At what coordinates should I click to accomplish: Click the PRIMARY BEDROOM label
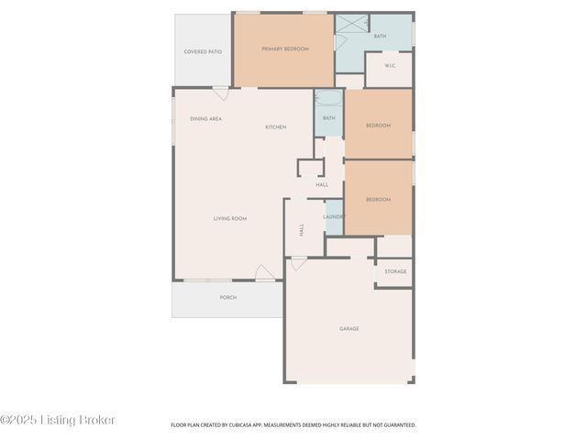point(284,49)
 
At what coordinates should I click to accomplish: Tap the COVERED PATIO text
point(203,52)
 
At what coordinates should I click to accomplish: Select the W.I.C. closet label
point(389,66)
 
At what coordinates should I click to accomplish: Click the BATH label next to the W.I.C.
point(380,36)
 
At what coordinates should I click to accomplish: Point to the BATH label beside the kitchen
point(328,118)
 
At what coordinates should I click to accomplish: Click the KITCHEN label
point(276,126)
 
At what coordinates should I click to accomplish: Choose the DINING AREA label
point(205,119)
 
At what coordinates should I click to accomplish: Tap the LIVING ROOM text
point(230,218)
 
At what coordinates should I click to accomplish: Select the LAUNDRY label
point(333,217)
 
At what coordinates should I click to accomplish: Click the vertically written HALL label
point(301,229)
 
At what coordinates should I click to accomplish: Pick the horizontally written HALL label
point(322,185)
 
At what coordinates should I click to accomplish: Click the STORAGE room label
point(395,271)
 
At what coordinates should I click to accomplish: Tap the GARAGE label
point(349,328)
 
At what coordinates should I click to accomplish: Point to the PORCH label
point(227,298)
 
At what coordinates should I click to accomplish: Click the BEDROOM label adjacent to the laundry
point(378,200)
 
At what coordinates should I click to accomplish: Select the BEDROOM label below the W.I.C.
point(378,126)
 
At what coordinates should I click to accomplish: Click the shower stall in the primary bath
point(351,24)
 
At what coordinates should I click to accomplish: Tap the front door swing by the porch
point(265,273)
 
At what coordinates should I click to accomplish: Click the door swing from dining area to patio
point(221,93)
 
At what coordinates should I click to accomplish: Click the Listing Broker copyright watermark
point(58,420)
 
